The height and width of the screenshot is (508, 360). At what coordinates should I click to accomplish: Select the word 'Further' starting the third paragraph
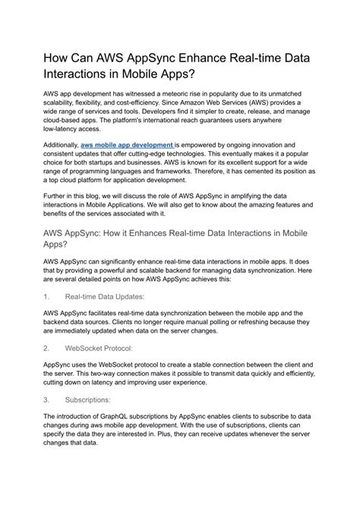coord(55,195)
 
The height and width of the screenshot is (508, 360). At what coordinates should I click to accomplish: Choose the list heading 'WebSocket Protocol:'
coord(99,348)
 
